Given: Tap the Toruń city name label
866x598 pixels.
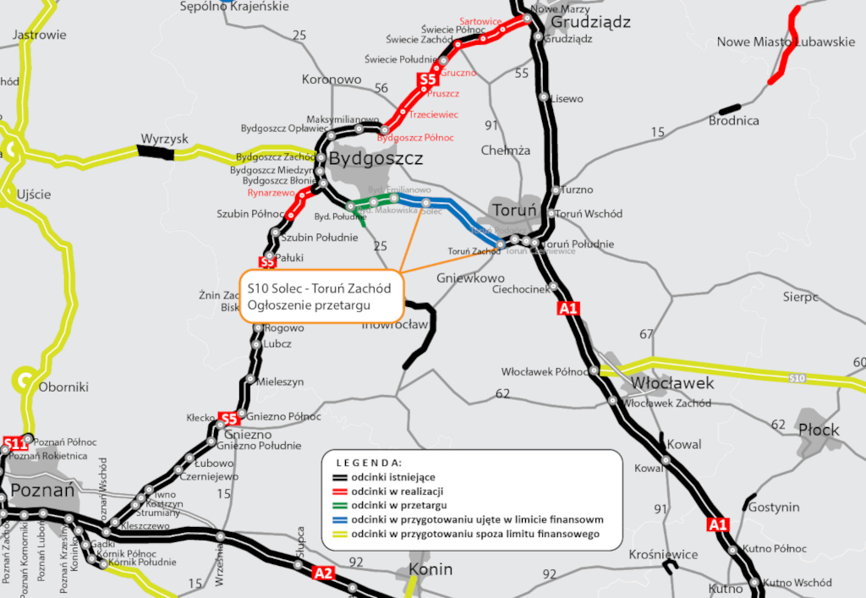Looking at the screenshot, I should pyautogui.click(x=514, y=209).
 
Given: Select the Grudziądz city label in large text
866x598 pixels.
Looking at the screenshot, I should pyautogui.click(x=590, y=22).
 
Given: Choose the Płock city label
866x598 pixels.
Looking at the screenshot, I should pyautogui.click(x=819, y=430).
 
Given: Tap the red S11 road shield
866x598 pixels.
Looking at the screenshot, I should pyautogui.click(x=14, y=442).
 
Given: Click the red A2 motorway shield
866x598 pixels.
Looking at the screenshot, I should pyautogui.click(x=323, y=573).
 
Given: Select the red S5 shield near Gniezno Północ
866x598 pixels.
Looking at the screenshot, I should pyautogui.click(x=228, y=418).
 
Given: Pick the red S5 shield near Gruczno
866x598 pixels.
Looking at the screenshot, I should pyautogui.click(x=427, y=81).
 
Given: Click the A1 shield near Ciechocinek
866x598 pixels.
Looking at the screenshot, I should pyautogui.click(x=568, y=309).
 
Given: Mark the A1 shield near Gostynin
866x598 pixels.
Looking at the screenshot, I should pyautogui.click(x=717, y=524).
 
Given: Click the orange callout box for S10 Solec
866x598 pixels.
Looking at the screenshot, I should pyautogui.click(x=321, y=296).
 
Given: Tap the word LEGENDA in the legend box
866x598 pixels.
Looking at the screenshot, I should pyautogui.click(x=369, y=463).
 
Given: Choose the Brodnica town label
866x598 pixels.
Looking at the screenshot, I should pyautogui.click(x=733, y=121).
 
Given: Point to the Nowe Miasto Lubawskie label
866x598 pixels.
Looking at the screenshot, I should pyautogui.click(x=786, y=42).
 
